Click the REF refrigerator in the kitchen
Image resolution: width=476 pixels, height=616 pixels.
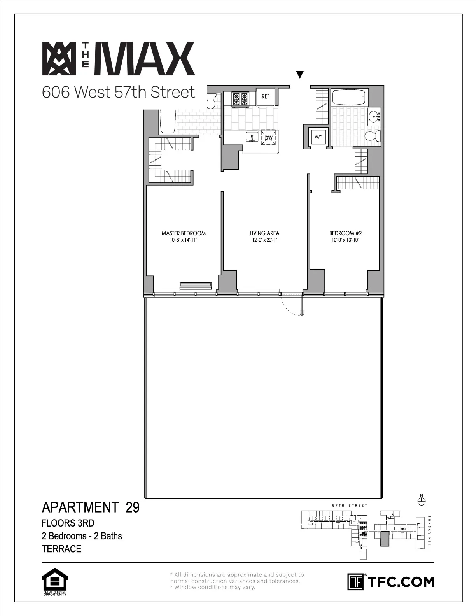[x=266, y=96]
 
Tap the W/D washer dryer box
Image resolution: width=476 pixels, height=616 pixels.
[x=318, y=137]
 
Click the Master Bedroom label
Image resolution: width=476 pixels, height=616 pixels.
[x=184, y=233]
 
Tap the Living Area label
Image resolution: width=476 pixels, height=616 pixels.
[x=264, y=233]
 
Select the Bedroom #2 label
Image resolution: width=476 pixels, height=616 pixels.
[x=345, y=233]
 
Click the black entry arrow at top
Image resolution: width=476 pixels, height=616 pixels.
[x=299, y=75]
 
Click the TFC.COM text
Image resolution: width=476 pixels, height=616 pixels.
[x=401, y=582]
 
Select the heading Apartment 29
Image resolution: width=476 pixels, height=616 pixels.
[x=90, y=507]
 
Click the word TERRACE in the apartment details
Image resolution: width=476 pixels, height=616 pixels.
[x=61, y=549]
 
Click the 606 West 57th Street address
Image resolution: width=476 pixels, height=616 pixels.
[x=118, y=93]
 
